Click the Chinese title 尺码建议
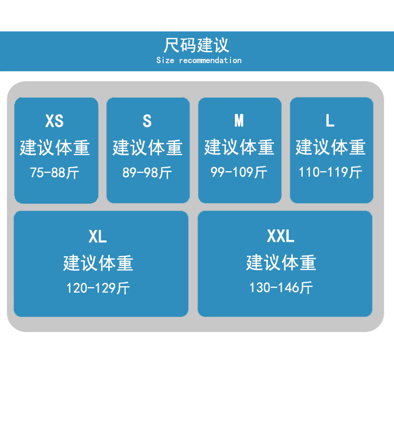(x=197, y=45)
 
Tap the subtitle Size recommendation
(x=198, y=61)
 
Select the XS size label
(x=54, y=120)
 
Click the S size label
(x=147, y=120)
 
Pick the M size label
(x=239, y=120)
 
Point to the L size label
(x=330, y=120)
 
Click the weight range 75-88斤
(x=54, y=173)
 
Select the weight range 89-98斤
(x=147, y=173)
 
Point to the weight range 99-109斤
(x=239, y=172)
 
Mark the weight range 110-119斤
(x=330, y=172)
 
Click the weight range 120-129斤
(x=98, y=288)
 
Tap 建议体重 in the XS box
(x=55, y=148)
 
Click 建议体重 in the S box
(x=148, y=148)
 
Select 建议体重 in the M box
(x=239, y=147)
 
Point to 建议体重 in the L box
(x=331, y=147)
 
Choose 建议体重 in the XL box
(x=98, y=263)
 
